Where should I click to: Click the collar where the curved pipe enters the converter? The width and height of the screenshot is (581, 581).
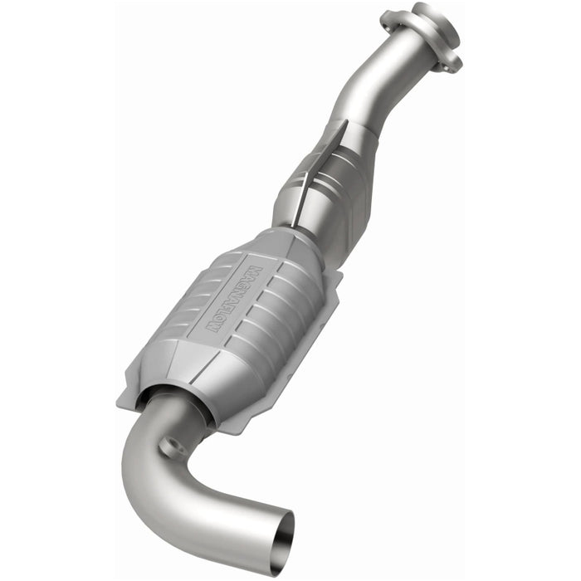click(178, 407)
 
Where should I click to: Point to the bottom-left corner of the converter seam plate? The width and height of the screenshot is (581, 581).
click(129, 390)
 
